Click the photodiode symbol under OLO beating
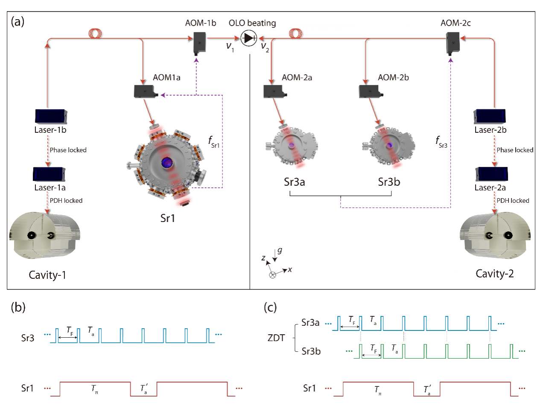click(x=248, y=38)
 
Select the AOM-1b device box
click(x=199, y=43)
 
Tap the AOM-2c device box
click(x=452, y=43)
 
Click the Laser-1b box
click(x=51, y=116)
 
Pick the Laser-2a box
click(x=492, y=174)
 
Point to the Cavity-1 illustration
click(x=45, y=235)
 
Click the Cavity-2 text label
click(x=494, y=274)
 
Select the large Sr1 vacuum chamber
click(x=166, y=162)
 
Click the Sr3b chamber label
click(x=389, y=182)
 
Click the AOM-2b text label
click(x=393, y=77)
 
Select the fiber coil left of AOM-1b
click(x=95, y=33)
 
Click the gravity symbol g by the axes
click(x=280, y=251)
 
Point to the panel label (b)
click(x=18, y=307)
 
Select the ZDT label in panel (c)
click(x=276, y=338)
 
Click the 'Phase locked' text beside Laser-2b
click(x=515, y=150)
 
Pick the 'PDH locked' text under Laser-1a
click(x=66, y=200)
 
